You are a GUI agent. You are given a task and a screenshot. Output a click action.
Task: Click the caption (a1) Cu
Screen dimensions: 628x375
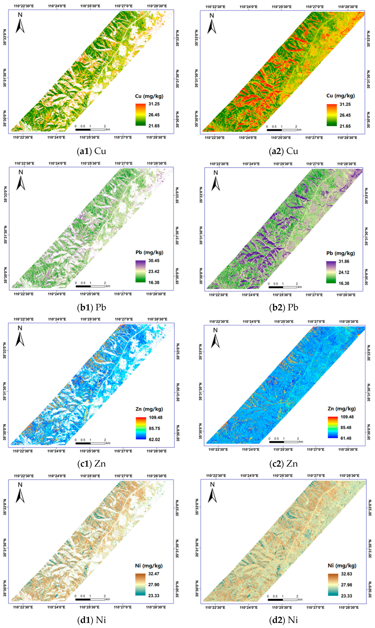click(91, 151)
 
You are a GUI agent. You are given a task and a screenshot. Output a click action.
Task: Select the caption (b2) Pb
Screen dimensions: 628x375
click(284, 307)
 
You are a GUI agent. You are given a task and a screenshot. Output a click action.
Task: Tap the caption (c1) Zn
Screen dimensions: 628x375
click(91, 464)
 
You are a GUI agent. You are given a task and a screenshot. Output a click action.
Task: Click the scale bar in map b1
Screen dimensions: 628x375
click(90, 286)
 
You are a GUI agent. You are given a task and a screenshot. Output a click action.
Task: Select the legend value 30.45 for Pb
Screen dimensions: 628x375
click(154, 261)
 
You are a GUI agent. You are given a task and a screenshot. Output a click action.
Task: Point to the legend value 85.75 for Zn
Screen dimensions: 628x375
click(154, 428)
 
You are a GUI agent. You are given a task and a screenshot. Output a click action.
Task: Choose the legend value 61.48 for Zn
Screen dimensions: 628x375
click(346, 438)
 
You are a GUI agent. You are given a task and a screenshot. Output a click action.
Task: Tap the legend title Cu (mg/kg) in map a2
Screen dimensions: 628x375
click(340, 96)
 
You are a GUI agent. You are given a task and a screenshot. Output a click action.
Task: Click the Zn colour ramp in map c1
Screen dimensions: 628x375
click(141, 428)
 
